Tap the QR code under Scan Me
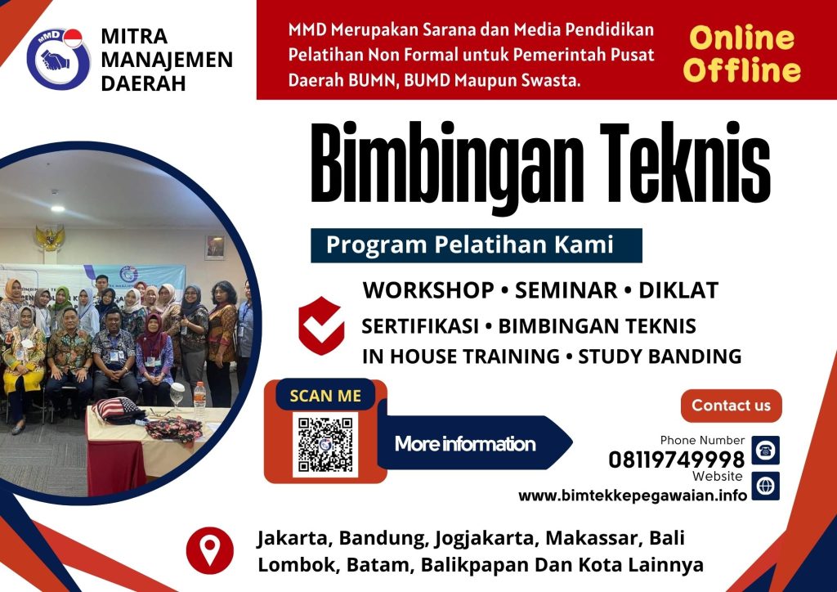point(325,445)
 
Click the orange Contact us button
point(731,406)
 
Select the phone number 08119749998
point(676,460)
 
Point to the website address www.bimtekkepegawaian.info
point(633,496)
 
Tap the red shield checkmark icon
point(320,325)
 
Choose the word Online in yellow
point(741,38)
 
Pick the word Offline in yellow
point(741,70)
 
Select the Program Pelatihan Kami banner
point(476,245)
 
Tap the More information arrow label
point(466,444)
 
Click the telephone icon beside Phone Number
point(765,450)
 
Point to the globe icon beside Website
point(765,486)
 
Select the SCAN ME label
point(326,396)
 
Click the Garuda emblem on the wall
point(50,238)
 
